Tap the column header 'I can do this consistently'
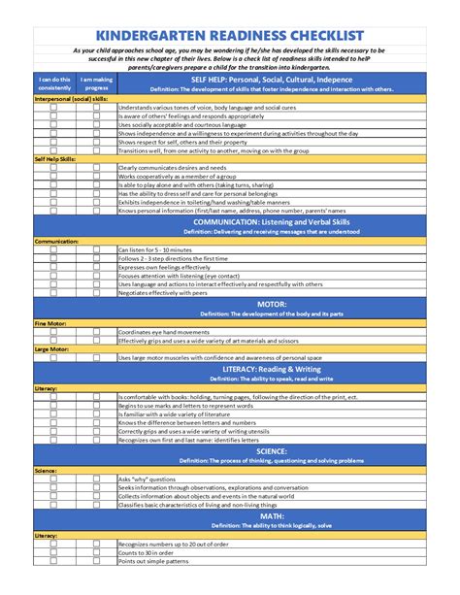coord(53,83)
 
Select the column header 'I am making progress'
coord(95,83)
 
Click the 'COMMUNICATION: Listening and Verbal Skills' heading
coord(271,222)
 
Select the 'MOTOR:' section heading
coord(271,305)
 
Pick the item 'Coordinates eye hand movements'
coord(165,332)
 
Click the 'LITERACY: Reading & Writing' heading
coord(271,370)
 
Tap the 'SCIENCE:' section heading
coord(271,451)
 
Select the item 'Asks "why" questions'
coord(147,479)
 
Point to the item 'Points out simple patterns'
coord(153,562)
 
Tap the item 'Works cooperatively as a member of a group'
coord(179,175)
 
